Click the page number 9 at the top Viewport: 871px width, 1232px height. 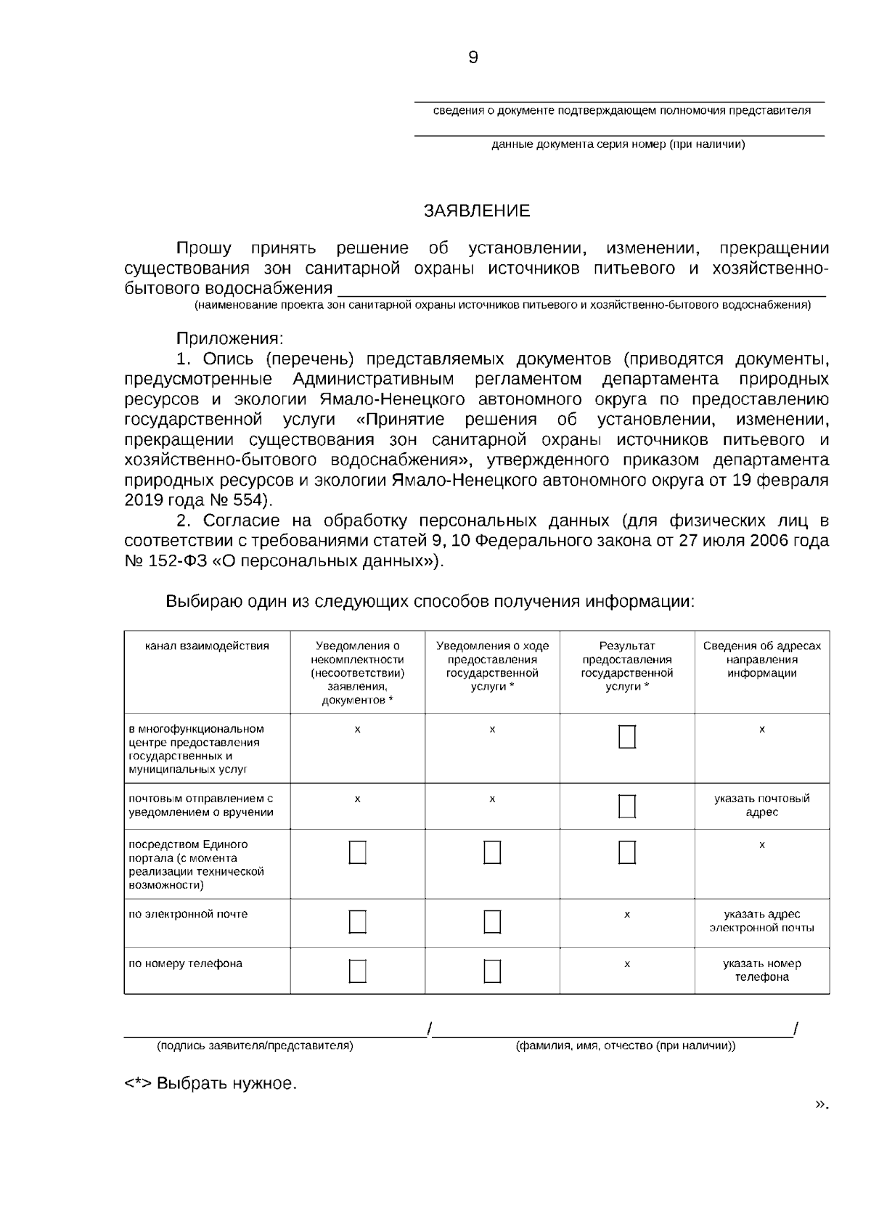(473, 58)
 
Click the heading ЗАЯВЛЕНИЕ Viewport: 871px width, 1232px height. (477, 211)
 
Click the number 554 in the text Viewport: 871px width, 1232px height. (250, 500)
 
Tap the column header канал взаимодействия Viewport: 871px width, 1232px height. (207, 646)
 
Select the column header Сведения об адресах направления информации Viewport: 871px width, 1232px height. (761, 659)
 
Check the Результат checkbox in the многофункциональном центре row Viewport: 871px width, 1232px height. (627, 737)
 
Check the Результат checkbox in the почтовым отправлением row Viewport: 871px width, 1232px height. (627, 806)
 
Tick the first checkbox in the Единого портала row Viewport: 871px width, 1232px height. (357, 852)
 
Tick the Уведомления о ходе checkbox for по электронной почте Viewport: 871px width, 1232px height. (492, 921)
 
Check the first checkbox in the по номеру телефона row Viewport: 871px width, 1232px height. (357, 971)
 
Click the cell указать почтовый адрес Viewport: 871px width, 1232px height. (761, 805)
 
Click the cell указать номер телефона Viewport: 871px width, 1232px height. (761, 971)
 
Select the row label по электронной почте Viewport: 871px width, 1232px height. (188, 914)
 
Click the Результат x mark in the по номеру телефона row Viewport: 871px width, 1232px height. (627, 964)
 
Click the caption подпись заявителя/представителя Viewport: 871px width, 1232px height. (255, 1046)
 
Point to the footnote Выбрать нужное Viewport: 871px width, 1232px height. (211, 1085)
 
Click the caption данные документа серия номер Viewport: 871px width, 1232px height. (618, 144)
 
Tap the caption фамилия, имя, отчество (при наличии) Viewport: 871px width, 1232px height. (625, 1046)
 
